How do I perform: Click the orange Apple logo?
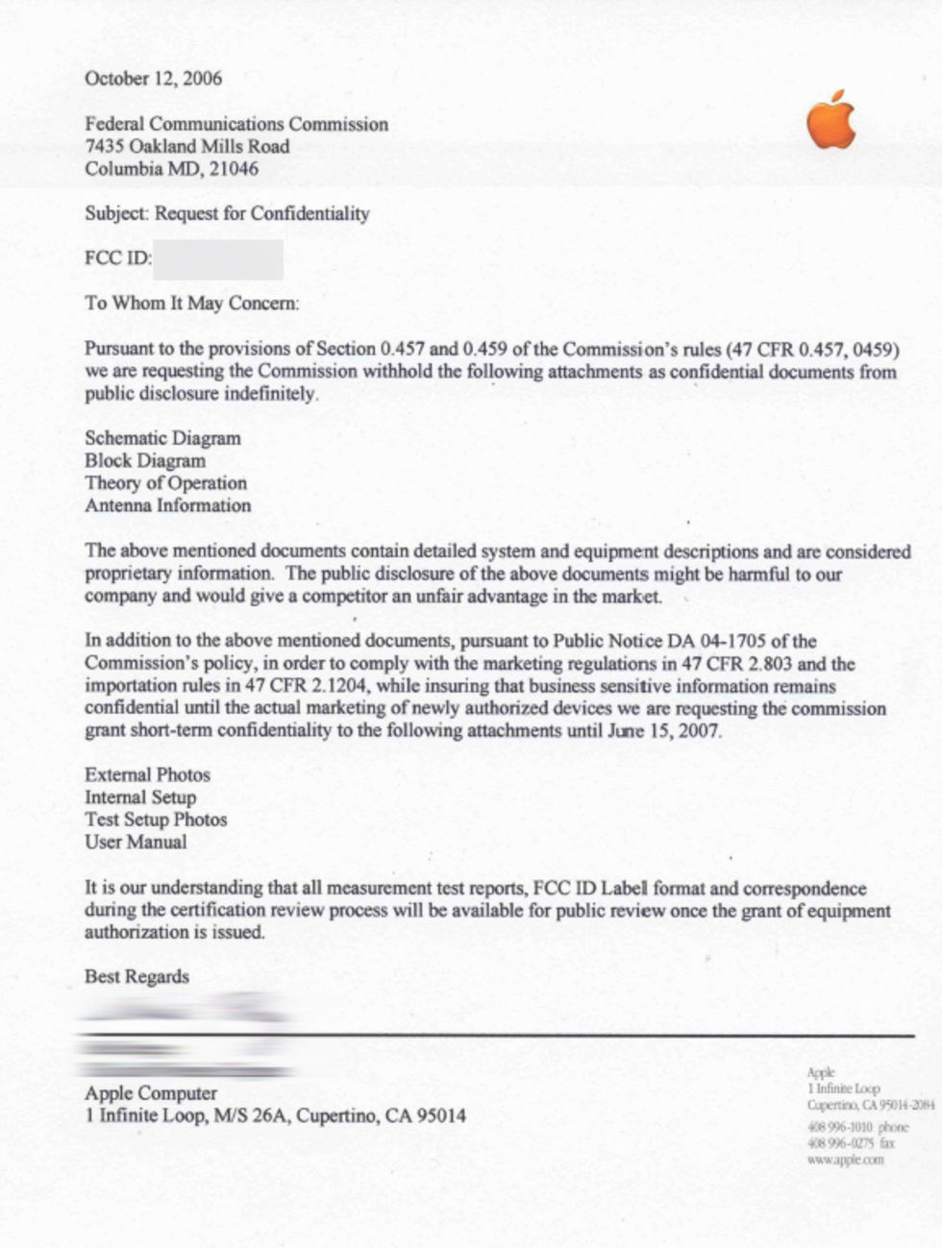(830, 121)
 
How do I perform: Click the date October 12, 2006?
(153, 79)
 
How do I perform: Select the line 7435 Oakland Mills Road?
(186, 147)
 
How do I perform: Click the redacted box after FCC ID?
(218, 260)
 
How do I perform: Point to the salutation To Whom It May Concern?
(191, 304)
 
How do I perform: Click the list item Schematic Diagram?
(162, 439)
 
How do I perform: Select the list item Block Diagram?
(144, 461)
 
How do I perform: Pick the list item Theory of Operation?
(165, 483)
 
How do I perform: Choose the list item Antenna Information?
(167, 505)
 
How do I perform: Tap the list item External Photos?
(147, 775)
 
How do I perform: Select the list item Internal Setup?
(140, 797)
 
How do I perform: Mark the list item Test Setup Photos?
(156, 820)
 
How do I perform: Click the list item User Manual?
(136, 843)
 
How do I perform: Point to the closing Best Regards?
(136, 977)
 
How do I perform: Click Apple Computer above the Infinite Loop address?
(151, 1093)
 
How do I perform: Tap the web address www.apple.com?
(846, 1160)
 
